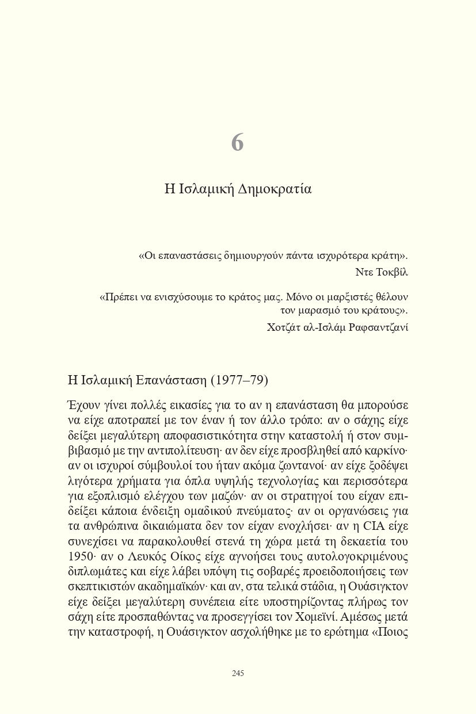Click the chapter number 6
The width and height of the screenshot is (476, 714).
[238, 143]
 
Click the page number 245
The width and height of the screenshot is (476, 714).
[238, 673]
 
